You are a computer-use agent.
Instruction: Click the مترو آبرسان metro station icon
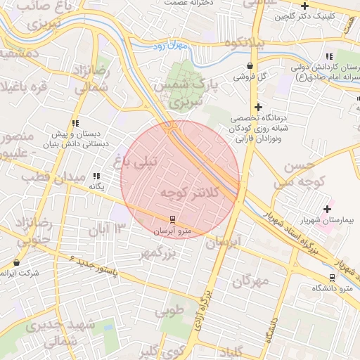[172, 220]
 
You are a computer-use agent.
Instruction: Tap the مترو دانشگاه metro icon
[332, 278]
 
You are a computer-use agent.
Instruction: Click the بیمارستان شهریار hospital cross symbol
[327, 208]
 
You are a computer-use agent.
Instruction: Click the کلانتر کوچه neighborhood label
[190, 192]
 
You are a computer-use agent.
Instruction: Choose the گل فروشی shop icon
[250, 65]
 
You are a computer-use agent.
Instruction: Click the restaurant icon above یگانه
[96, 176]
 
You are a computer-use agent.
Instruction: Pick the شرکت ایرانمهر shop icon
[16, 262]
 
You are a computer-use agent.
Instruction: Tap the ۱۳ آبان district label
[107, 228]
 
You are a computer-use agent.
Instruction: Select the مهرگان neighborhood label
[250, 281]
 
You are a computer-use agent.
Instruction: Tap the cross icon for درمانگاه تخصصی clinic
[259, 108]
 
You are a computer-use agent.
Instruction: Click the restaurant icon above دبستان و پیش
[75, 123]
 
